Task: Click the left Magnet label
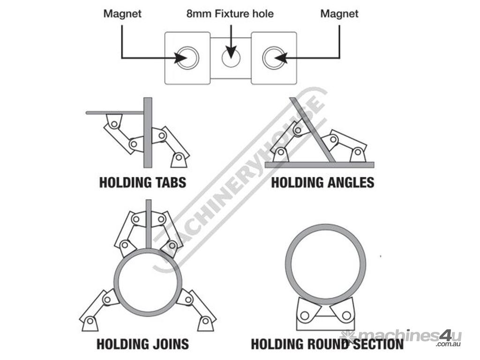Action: (122, 14)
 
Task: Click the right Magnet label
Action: (339, 14)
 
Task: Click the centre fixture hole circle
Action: (231, 58)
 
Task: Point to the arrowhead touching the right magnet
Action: (280, 58)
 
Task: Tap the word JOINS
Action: (166, 344)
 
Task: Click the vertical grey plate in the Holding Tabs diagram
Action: (148, 132)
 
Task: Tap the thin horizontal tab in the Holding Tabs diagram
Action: (115, 112)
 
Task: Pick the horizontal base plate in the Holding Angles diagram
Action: (319, 165)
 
